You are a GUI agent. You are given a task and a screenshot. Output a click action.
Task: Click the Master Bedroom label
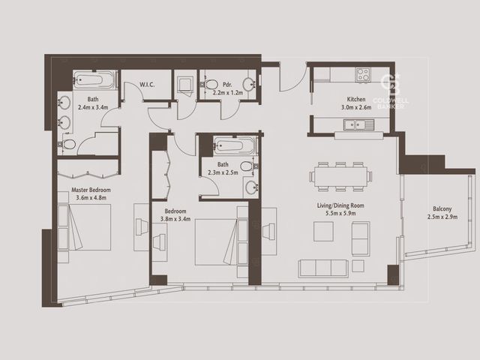click(91, 190)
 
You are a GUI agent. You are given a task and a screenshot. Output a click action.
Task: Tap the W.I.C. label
click(147, 85)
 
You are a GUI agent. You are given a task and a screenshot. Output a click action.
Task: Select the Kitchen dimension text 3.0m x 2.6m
click(356, 107)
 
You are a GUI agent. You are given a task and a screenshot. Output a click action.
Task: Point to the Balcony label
click(442, 208)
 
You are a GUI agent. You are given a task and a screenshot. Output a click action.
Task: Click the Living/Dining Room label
click(340, 205)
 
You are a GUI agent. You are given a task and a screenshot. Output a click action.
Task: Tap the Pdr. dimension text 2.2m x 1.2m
click(228, 92)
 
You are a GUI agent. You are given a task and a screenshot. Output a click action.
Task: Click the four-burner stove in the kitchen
click(363, 74)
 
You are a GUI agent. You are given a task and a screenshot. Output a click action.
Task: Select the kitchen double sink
click(358, 124)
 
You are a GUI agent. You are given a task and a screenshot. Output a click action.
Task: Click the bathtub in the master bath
click(95, 80)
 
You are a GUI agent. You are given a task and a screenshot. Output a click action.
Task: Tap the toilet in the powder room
click(208, 84)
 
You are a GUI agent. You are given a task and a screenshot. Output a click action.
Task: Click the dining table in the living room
click(340, 177)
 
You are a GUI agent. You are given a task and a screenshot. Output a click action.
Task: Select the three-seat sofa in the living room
click(323, 268)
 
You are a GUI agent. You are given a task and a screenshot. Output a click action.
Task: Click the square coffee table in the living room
click(323, 231)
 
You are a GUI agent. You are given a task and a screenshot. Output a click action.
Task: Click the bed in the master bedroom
click(84, 227)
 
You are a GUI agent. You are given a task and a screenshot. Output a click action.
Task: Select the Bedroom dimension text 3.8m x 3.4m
click(175, 219)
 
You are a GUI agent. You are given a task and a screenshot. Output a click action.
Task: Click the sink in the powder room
click(249, 84)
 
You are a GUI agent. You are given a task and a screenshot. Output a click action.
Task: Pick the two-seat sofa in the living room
click(361, 238)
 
